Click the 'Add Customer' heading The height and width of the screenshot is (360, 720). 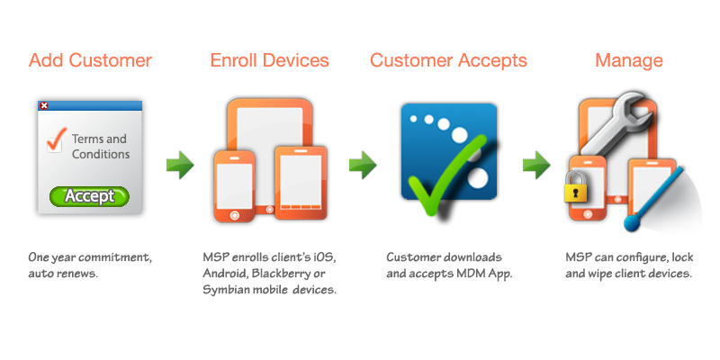[x=90, y=61]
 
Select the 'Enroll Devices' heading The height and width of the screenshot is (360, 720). [x=269, y=61]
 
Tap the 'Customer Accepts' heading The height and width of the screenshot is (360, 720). [x=447, y=61]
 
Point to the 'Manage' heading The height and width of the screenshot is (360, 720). [x=629, y=61]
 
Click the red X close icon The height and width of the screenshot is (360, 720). [x=45, y=105]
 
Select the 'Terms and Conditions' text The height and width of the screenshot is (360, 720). [x=100, y=147]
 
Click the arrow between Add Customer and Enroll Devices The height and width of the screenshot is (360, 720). [x=180, y=165]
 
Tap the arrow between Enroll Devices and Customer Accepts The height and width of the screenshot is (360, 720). [x=362, y=165]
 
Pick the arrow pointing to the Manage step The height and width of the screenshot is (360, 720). [x=536, y=165]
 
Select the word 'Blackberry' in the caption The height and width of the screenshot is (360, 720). [x=276, y=274]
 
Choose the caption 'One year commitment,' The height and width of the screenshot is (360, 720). [x=89, y=258]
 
